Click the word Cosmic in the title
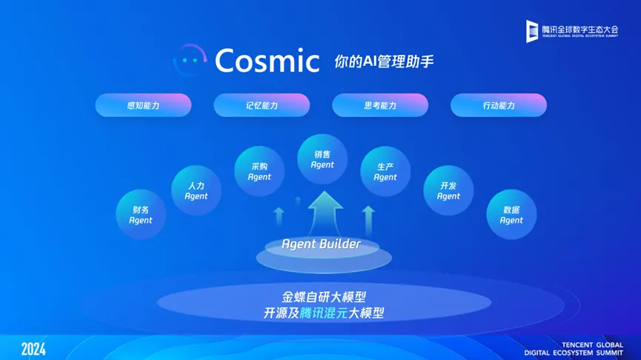click(267, 61)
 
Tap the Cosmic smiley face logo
click(190, 60)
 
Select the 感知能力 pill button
click(143, 105)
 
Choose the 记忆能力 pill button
click(262, 105)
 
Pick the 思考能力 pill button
click(380, 105)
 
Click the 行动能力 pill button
click(498, 105)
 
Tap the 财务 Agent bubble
click(141, 215)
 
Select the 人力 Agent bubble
click(196, 190)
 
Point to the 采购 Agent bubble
click(259, 171)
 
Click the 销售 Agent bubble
click(322, 159)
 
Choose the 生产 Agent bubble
click(385, 172)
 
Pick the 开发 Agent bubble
click(448, 190)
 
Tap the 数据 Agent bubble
click(511, 215)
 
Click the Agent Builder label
click(322, 244)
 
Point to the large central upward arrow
click(325, 214)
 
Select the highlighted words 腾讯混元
click(324, 313)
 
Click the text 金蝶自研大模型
click(324, 296)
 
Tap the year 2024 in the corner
click(33, 350)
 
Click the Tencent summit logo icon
click(532, 31)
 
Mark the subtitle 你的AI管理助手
click(384, 61)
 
